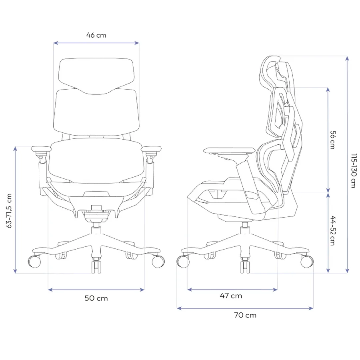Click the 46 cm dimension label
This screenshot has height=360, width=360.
96,35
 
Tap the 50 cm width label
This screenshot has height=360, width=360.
96,298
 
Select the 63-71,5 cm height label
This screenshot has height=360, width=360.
9,211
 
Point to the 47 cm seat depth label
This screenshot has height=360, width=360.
231,296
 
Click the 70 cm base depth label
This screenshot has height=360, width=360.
245,315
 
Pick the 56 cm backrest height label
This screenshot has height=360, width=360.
333,140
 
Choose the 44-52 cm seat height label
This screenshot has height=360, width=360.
333,230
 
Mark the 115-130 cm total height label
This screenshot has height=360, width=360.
354,170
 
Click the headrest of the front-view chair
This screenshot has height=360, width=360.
96,76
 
